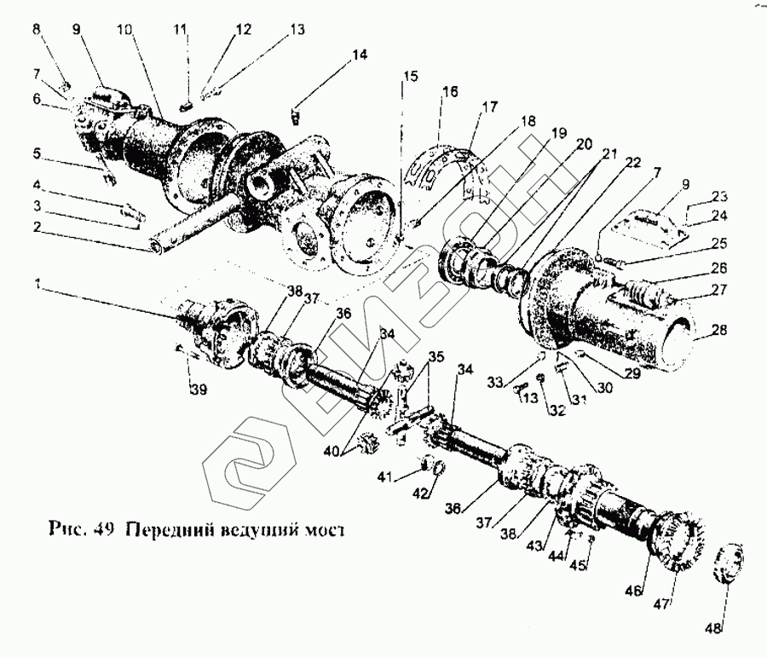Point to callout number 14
360,55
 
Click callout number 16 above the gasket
449,89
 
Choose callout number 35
436,357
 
